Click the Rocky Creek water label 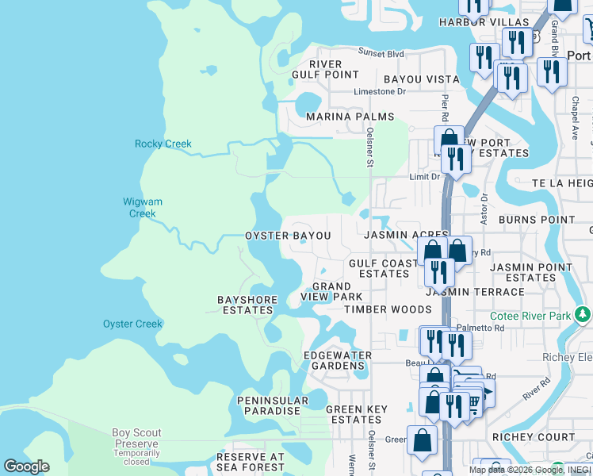[x=163, y=144]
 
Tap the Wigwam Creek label [x=143, y=208]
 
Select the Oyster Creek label [x=132, y=324]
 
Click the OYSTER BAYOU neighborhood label [x=288, y=236]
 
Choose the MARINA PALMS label [x=350, y=117]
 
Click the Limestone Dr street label [x=379, y=92]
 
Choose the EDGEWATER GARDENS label [x=336, y=361]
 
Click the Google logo [x=26, y=466]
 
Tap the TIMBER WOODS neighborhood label [x=387, y=309]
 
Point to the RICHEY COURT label [x=545, y=437]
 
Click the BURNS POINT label [x=537, y=220]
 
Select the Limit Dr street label [x=424, y=177]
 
